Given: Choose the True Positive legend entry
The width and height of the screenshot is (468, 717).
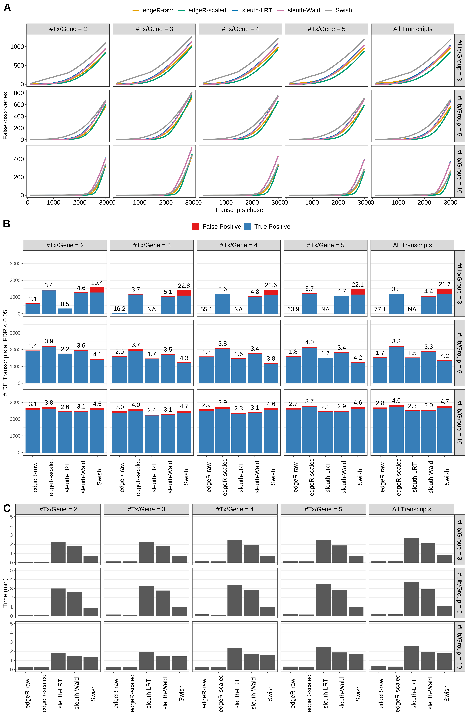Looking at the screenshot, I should (272, 227).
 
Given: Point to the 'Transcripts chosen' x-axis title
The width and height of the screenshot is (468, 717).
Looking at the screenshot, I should (240, 210).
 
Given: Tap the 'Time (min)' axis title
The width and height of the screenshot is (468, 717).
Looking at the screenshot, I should (5, 593).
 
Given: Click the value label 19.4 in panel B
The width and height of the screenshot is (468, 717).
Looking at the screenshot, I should (97, 283).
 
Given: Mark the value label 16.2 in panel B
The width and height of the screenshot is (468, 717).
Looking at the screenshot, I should (119, 309).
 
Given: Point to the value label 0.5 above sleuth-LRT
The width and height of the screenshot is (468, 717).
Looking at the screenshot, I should (65, 304).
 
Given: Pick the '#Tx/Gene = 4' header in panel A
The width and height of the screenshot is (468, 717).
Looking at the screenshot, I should (240, 29).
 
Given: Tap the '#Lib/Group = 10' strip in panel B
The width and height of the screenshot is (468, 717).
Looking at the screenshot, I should (459, 422).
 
